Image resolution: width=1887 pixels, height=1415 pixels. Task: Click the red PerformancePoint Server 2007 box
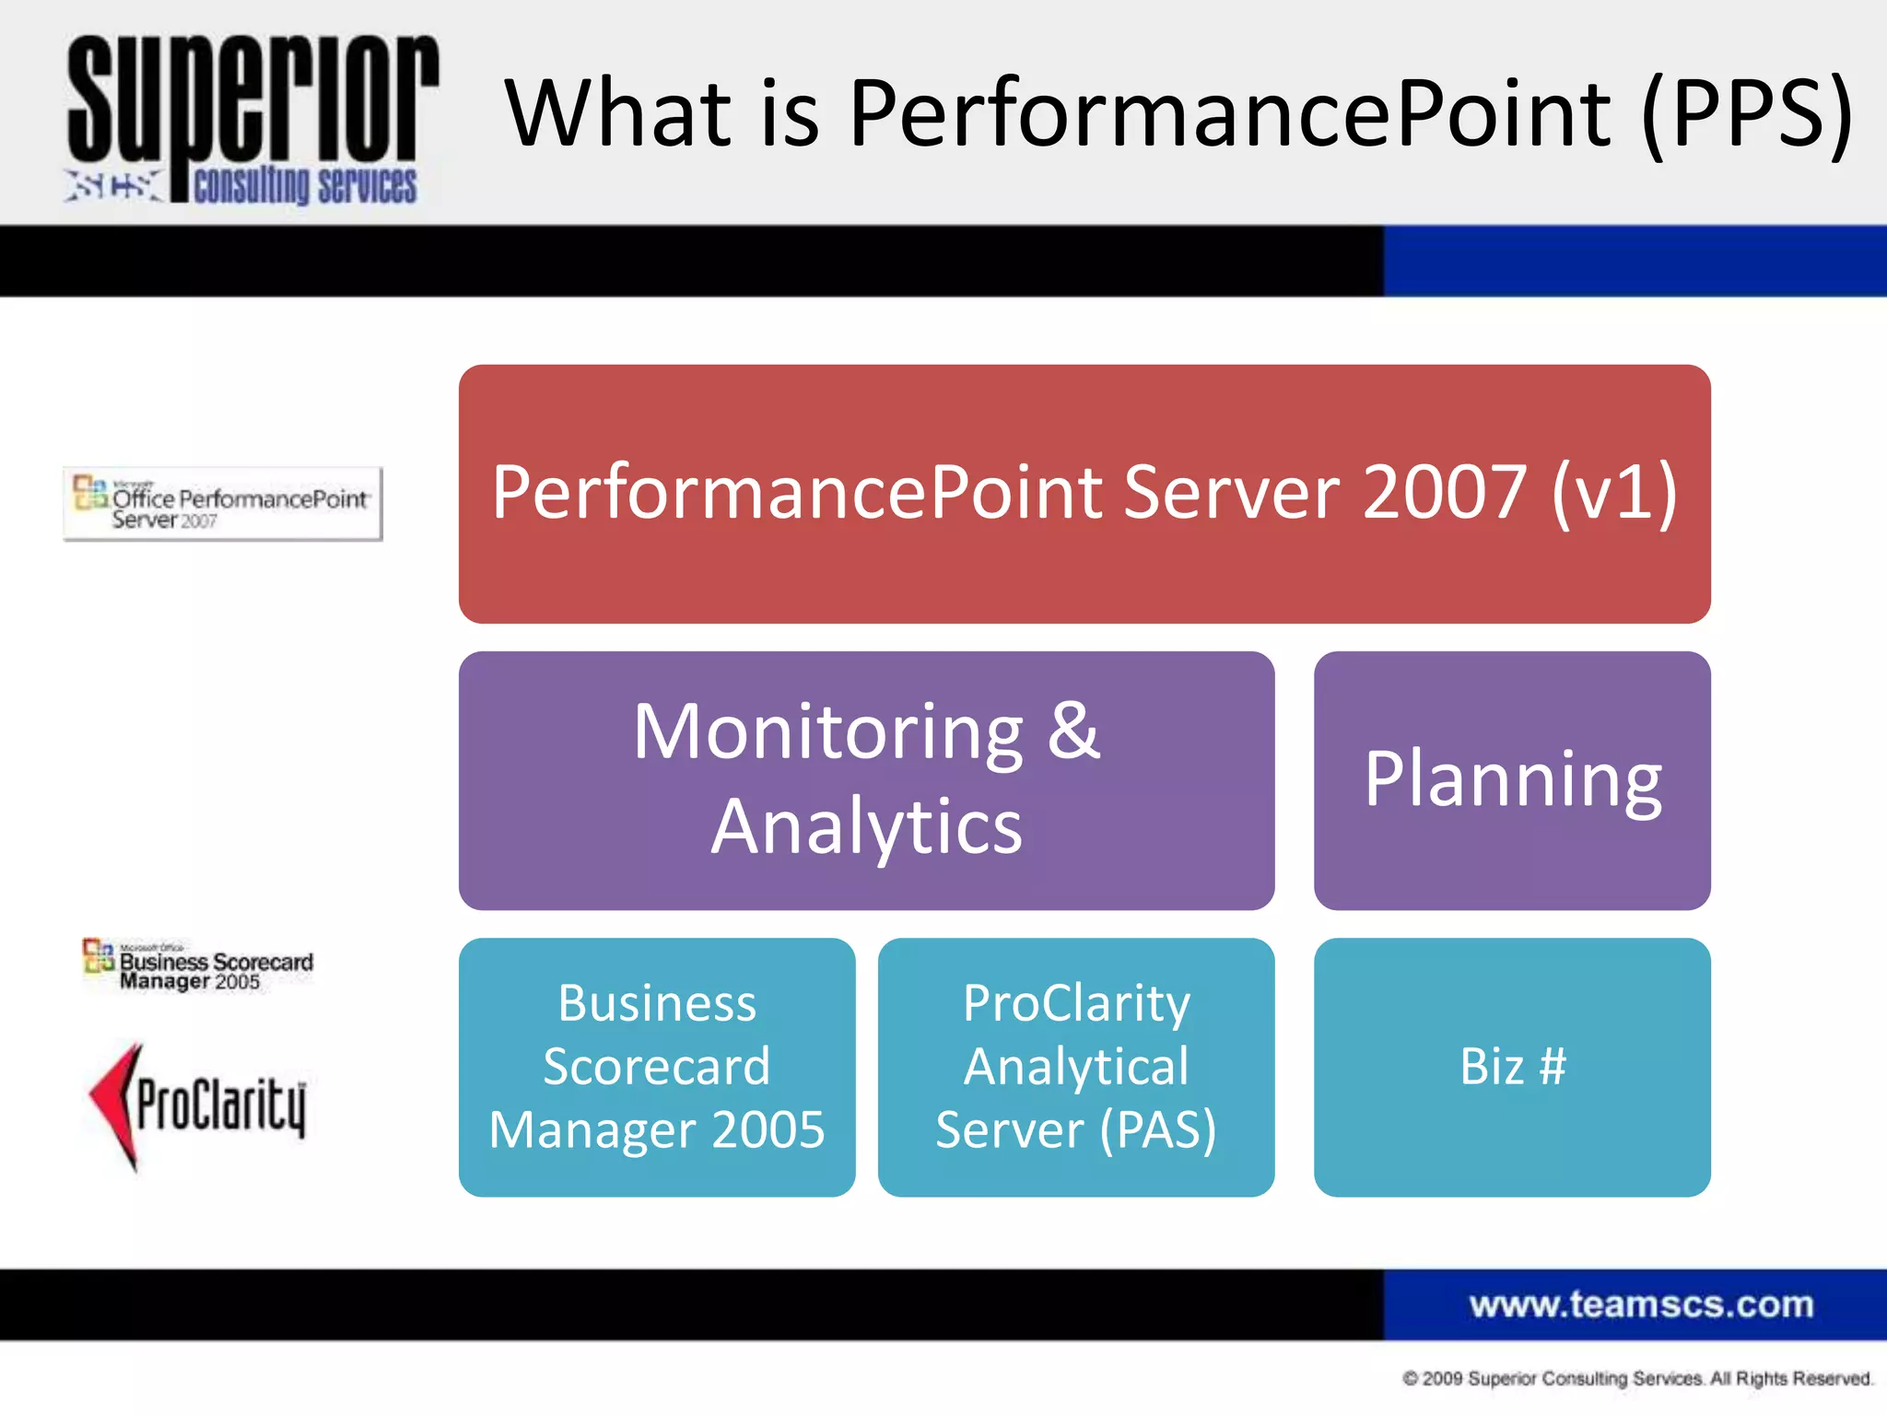pyautogui.click(x=1084, y=493)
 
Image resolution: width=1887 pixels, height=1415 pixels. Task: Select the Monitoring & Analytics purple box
pyautogui.click(x=866, y=780)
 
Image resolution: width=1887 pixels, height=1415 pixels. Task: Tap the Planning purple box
pyautogui.click(x=1512, y=780)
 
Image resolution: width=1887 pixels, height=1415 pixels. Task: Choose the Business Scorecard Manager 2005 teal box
pyautogui.click(x=657, y=1067)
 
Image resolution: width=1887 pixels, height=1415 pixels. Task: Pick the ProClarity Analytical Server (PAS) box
pyautogui.click(x=1076, y=1067)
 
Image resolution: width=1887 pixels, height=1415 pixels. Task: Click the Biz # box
pyautogui.click(x=1512, y=1067)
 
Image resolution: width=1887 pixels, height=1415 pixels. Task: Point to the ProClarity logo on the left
pyautogui.click(x=198, y=1105)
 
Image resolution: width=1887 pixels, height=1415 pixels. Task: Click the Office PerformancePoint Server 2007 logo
pyautogui.click(x=222, y=504)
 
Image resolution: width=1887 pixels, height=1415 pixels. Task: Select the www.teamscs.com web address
pyautogui.click(x=1641, y=1304)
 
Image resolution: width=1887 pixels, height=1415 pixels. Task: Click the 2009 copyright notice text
pyautogui.click(x=1637, y=1379)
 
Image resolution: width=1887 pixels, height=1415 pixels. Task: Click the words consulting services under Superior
pyautogui.click(x=305, y=185)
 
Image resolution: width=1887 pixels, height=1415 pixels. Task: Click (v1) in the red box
pyautogui.click(x=1614, y=493)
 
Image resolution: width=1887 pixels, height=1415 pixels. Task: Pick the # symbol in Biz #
pyautogui.click(x=1553, y=1067)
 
